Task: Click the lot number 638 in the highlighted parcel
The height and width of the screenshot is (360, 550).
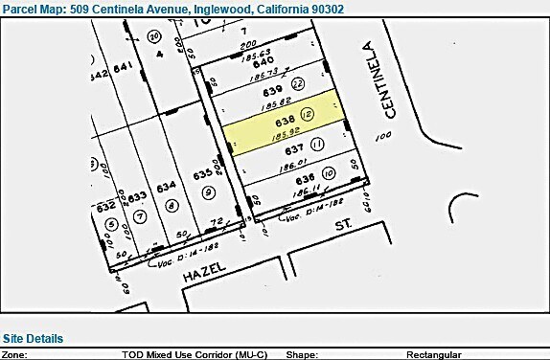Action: [284, 122]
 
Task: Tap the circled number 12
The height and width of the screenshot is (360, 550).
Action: [307, 114]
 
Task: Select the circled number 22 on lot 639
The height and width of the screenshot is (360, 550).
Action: [298, 84]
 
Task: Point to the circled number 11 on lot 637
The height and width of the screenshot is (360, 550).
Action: [316, 144]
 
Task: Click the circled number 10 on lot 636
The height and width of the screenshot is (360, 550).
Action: [328, 173]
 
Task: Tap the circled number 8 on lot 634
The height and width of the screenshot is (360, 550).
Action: [171, 204]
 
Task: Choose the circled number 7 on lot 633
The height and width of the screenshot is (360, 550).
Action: [140, 215]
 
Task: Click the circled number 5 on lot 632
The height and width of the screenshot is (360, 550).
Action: [110, 225]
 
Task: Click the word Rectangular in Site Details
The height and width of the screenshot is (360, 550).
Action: [434, 354]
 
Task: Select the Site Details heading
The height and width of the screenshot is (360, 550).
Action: [33, 338]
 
